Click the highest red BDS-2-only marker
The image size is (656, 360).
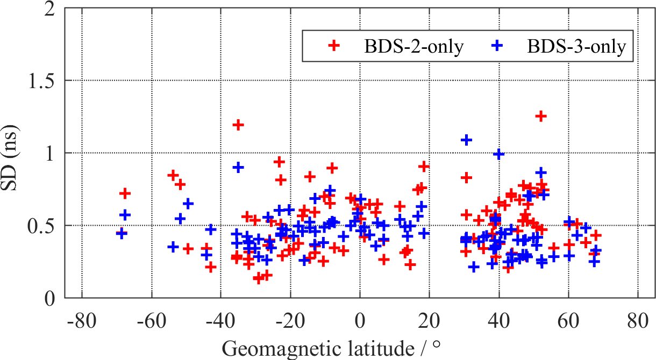click(541, 116)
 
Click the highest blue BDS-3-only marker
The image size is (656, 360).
click(466, 140)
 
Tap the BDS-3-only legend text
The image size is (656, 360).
click(576, 47)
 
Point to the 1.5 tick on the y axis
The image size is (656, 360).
click(44, 81)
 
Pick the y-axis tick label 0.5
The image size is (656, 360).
click(44, 226)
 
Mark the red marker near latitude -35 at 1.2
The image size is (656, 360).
click(238, 125)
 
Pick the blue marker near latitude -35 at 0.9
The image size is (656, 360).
click(238, 167)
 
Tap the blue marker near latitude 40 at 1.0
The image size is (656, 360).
click(499, 154)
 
